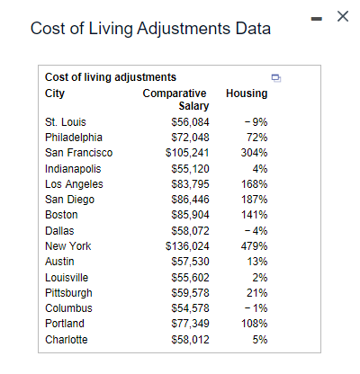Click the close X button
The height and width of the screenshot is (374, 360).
343,16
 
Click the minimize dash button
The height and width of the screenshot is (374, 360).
317,19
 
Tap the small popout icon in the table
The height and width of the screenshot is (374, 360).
276,78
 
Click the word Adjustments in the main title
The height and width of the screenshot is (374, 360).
184,30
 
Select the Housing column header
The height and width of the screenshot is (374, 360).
247,93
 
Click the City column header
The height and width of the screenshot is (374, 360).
55,93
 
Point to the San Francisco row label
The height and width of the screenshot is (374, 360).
78,153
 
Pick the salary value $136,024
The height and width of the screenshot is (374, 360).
187,246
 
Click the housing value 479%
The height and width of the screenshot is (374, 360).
254,246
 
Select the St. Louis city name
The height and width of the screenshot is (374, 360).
66,122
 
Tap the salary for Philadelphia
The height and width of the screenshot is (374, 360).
190,138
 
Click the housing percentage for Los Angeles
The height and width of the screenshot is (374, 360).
255,184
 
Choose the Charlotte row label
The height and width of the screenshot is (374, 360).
67,340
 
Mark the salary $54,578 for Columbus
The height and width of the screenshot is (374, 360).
190,308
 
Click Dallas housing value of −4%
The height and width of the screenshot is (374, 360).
256,231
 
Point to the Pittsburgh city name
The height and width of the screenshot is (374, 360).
68,293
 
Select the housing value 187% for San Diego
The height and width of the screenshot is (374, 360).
255,200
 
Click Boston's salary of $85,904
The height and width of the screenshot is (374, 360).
190,215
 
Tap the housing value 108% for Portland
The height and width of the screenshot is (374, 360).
255,324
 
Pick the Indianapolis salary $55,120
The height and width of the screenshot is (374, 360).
190,169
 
